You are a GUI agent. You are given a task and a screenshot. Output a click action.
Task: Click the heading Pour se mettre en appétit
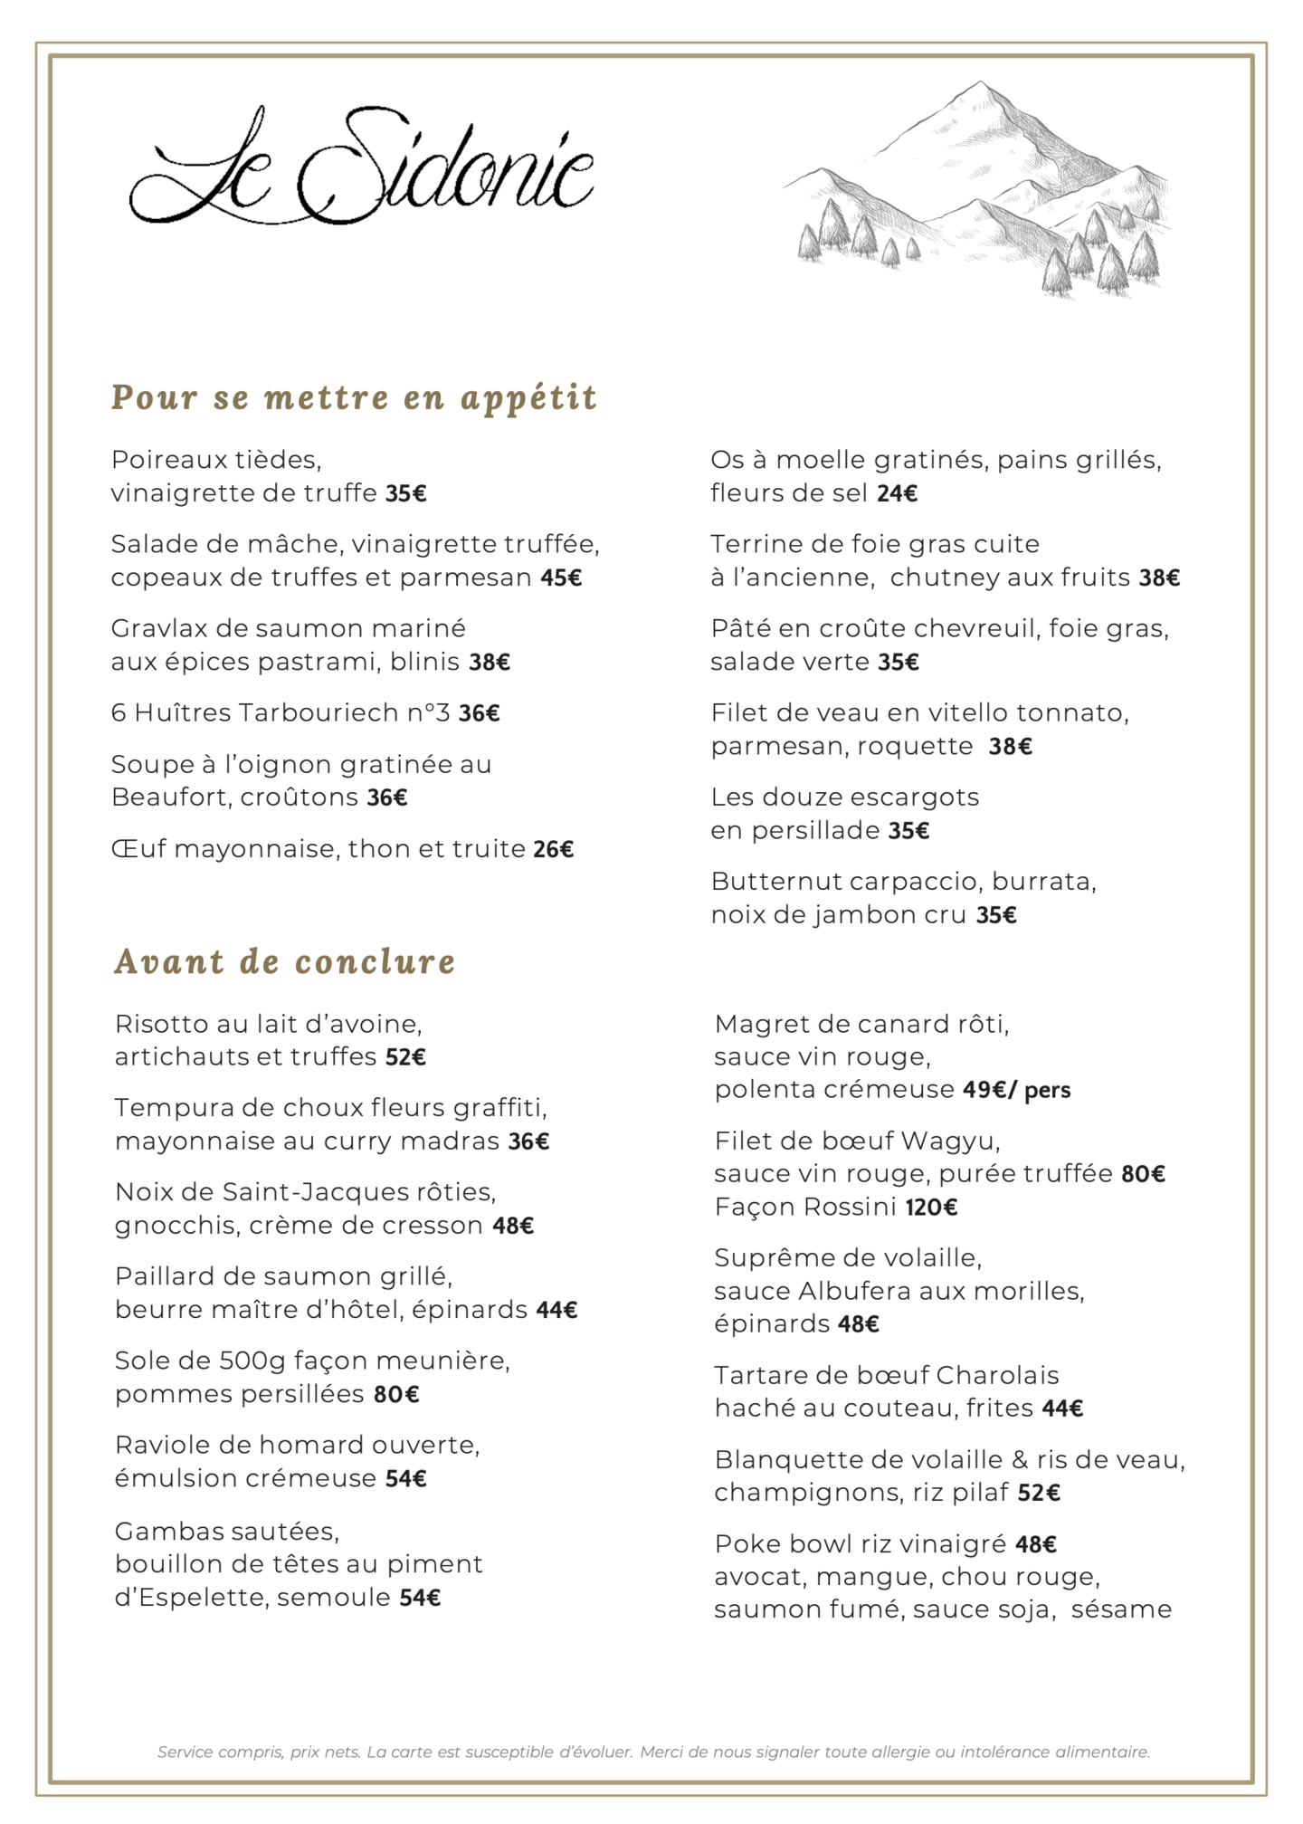tap(354, 397)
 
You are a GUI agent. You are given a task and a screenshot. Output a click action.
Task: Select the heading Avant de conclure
tap(285, 961)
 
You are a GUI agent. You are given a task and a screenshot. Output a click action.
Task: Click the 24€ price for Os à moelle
tap(897, 493)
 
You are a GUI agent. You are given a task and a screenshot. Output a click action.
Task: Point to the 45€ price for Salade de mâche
tap(561, 578)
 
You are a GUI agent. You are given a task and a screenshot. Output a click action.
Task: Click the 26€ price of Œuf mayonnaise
tap(553, 849)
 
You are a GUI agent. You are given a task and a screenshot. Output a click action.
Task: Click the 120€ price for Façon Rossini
tap(931, 1208)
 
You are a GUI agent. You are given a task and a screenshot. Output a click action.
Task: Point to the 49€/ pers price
tap(1016, 1090)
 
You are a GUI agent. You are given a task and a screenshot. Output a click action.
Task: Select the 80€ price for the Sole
tap(396, 1394)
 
